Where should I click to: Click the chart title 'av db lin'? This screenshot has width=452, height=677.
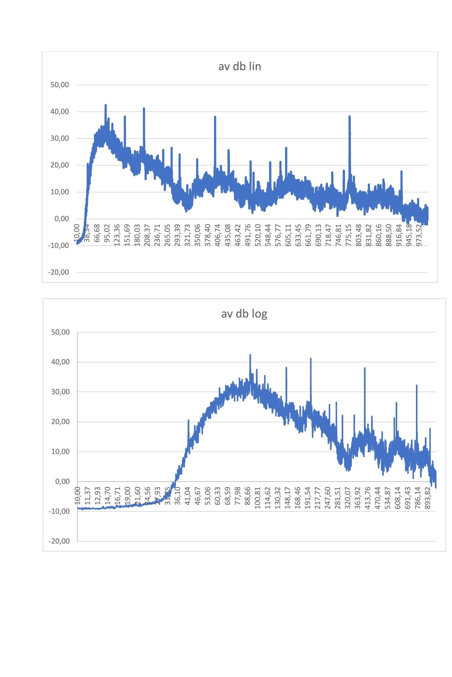(240, 67)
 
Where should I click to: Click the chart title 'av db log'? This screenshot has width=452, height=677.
(244, 314)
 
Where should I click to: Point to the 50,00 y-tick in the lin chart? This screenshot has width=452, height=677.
(60, 85)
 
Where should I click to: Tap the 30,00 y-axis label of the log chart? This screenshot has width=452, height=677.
(60, 392)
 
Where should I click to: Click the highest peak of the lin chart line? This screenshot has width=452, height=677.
(105, 105)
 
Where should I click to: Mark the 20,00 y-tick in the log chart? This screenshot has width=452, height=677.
(60, 422)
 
